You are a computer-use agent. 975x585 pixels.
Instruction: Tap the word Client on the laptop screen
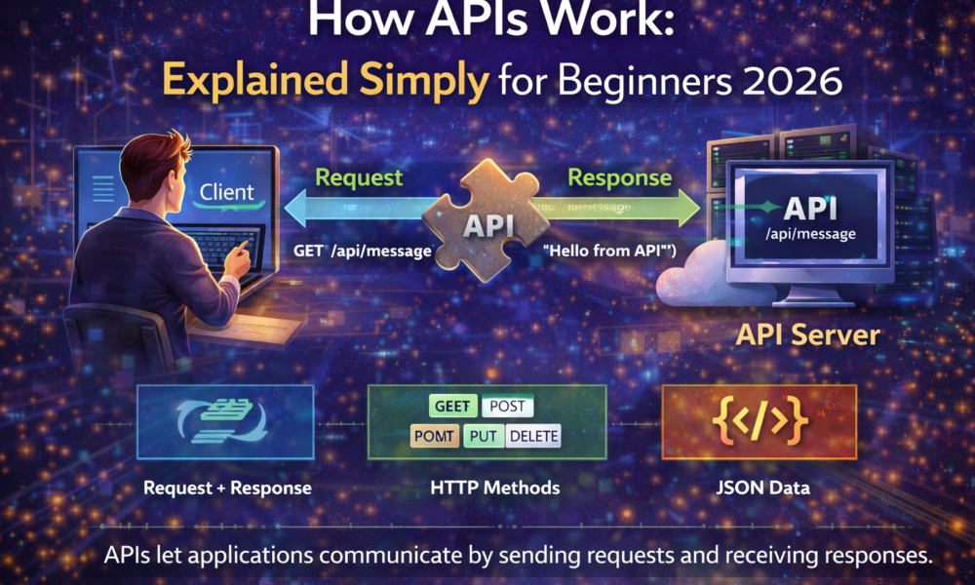[226, 192]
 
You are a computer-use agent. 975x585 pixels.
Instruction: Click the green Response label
[619, 177]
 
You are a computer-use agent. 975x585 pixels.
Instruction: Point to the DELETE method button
[534, 436]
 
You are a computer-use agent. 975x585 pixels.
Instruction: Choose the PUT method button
[483, 436]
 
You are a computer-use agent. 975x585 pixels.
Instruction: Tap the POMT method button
[434, 436]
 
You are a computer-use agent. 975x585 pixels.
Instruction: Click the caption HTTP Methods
[487, 487]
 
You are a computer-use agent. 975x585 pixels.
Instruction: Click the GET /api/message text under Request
[363, 251]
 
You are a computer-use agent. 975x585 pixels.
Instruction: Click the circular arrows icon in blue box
[225, 421]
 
